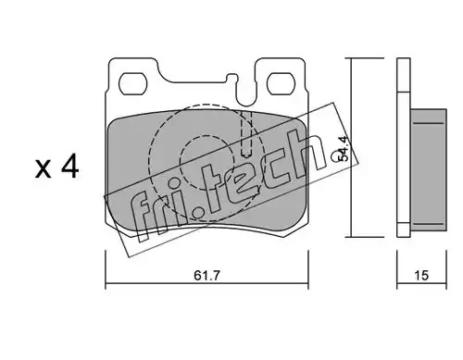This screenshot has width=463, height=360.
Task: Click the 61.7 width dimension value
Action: click(206, 275)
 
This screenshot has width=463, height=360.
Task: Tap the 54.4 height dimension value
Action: click(344, 148)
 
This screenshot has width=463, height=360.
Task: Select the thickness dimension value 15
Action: click(421, 275)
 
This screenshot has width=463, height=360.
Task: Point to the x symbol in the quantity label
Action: click(43, 169)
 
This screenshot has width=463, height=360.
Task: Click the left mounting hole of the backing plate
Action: click(132, 83)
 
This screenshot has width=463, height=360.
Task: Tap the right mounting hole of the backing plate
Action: click(282, 83)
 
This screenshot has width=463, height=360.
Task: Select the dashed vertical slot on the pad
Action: click(246, 133)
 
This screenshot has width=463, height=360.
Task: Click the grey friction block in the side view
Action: click(429, 170)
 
